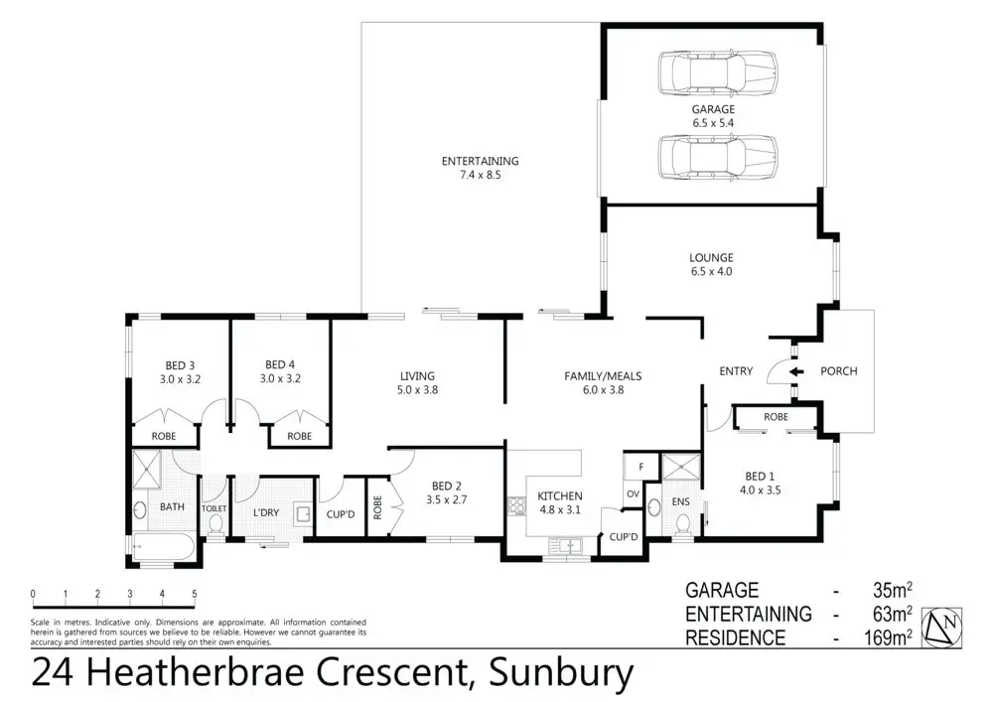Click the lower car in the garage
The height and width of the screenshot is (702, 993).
point(714,155)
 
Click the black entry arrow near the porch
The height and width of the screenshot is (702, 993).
point(796,372)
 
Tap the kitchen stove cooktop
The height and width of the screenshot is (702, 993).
point(516,506)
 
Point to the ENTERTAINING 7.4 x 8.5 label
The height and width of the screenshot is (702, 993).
point(480,168)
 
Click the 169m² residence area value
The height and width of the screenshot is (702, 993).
point(883,637)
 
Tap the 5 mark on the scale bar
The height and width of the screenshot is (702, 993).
point(195,595)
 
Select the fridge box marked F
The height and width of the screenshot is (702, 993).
point(641,466)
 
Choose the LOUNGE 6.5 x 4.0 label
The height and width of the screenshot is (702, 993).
point(711,265)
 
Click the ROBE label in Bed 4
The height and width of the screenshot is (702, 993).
point(299,436)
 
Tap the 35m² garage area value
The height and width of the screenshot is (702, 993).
point(889,590)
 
